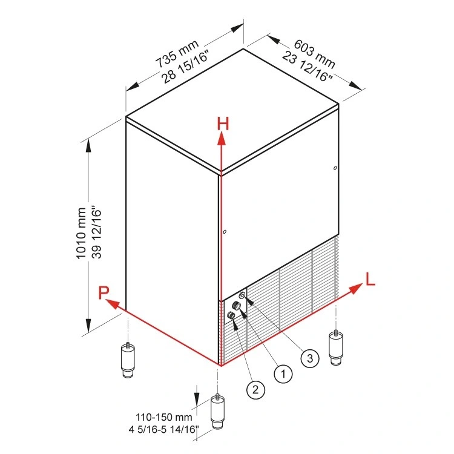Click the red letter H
coord(224,123)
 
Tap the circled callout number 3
coord(309,358)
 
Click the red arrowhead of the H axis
coord(222,139)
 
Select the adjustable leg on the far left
coord(128,360)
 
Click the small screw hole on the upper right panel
coord(335,168)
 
